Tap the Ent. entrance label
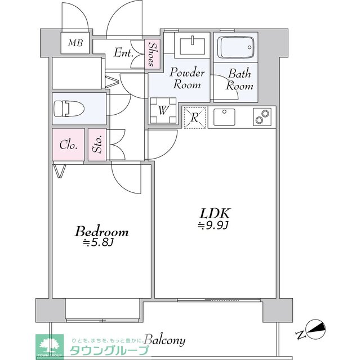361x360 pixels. coord(123,53)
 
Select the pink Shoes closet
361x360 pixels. coord(152,55)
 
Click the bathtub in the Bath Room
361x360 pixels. coord(235,47)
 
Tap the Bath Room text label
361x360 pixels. coord(240,80)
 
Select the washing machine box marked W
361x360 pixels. coord(162,110)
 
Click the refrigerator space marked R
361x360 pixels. coord(194,118)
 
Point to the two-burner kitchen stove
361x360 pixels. coord(262,117)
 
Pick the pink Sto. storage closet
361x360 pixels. coord(97,145)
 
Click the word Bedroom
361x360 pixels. coord(102,232)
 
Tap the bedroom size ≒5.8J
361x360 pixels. coord(99,243)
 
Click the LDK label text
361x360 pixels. coord(214,214)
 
